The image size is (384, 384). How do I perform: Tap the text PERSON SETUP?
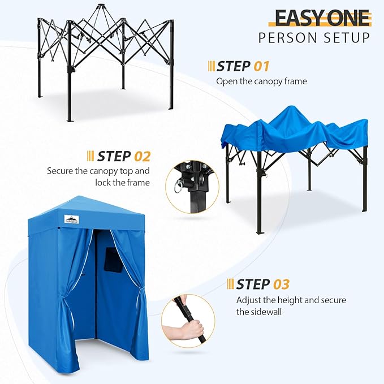[314, 38]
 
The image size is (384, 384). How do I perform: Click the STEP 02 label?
[124, 156]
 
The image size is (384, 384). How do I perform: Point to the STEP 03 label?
[262, 284]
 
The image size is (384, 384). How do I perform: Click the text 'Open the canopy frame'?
[261, 81]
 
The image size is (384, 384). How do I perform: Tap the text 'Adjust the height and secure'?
[291, 300]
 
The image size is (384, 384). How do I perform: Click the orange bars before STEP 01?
[212, 66]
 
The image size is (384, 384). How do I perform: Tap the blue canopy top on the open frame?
[294, 127]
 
